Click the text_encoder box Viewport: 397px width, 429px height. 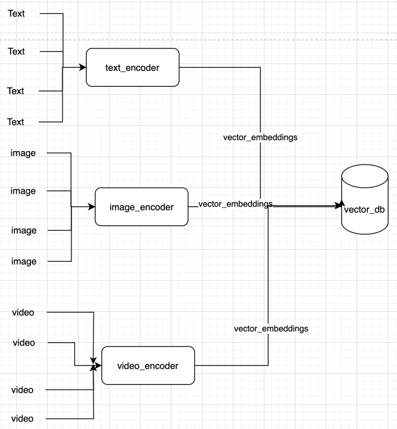[x=132, y=68]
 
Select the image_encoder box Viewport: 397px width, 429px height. [x=141, y=207]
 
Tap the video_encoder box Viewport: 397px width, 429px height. [x=148, y=366]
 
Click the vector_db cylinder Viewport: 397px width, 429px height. [x=364, y=205]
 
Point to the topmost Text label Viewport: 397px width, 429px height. [x=16, y=14]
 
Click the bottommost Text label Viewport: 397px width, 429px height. [x=16, y=122]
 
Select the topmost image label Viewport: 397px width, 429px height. [x=23, y=153]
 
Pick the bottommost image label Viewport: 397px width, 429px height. [x=23, y=262]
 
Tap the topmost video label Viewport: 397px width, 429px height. [x=23, y=312]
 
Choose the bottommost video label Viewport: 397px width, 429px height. [x=22, y=419]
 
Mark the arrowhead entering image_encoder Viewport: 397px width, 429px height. [x=92, y=207]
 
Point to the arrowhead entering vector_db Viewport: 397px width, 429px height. [x=339, y=206]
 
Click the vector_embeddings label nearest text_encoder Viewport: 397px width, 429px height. [x=260, y=137]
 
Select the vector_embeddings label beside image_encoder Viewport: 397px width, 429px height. [x=235, y=204]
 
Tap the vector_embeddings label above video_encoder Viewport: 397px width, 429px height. [x=271, y=328]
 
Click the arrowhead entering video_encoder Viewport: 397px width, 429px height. [x=98, y=366]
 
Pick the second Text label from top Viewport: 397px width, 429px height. [x=16, y=52]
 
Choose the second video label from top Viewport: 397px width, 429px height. [x=24, y=343]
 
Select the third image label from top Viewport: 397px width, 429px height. [x=23, y=231]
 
